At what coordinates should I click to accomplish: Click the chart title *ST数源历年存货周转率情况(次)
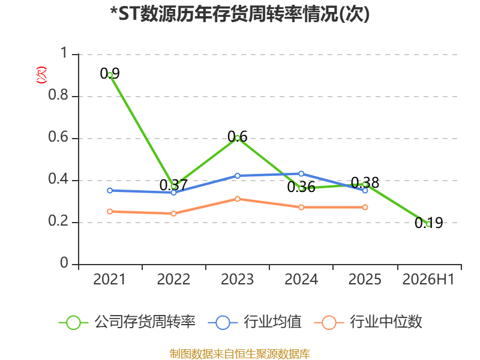pos(239,14)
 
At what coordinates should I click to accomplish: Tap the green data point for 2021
pos(110,74)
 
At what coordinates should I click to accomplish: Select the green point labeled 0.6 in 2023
pos(238,138)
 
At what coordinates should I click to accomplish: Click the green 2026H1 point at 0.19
pos(429,224)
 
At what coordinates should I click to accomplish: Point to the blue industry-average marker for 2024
pos(301,174)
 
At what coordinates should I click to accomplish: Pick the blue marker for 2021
pos(110,190)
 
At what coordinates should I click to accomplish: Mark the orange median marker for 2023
pos(238,199)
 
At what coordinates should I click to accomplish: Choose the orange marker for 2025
pos(365,207)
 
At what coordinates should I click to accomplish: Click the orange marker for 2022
pos(173,214)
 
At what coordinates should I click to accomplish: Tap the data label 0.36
pos(301,187)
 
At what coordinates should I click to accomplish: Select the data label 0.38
pos(365,182)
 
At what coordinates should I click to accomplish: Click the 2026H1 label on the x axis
pos(428,279)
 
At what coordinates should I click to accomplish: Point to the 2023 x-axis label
pos(238,279)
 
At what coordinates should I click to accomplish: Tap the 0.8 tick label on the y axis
pos(58,95)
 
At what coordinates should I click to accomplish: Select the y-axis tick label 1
pos(64,53)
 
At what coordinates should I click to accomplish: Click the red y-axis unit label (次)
pos(41,75)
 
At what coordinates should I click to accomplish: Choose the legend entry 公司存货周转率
pos(127,322)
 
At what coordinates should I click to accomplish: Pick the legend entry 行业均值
pos(254,322)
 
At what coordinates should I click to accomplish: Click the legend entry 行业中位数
pos(368,322)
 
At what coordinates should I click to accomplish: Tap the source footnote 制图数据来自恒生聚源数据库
pos(240,354)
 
